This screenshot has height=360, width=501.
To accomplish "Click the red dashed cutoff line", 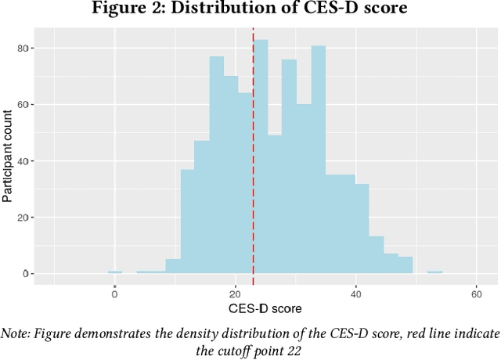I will pos(253,157).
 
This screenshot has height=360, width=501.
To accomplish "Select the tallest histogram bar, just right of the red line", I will pos(261,157).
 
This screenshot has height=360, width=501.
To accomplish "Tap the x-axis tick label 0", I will pos(115,295).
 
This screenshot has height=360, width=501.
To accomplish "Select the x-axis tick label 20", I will pos(236,295).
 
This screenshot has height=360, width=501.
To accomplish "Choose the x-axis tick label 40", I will pos(356,295).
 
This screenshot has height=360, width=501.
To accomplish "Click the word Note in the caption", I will pos(16,333).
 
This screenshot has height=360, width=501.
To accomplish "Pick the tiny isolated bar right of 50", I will pos(434,272).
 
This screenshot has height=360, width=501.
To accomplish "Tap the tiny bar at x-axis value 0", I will pos(115,272).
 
